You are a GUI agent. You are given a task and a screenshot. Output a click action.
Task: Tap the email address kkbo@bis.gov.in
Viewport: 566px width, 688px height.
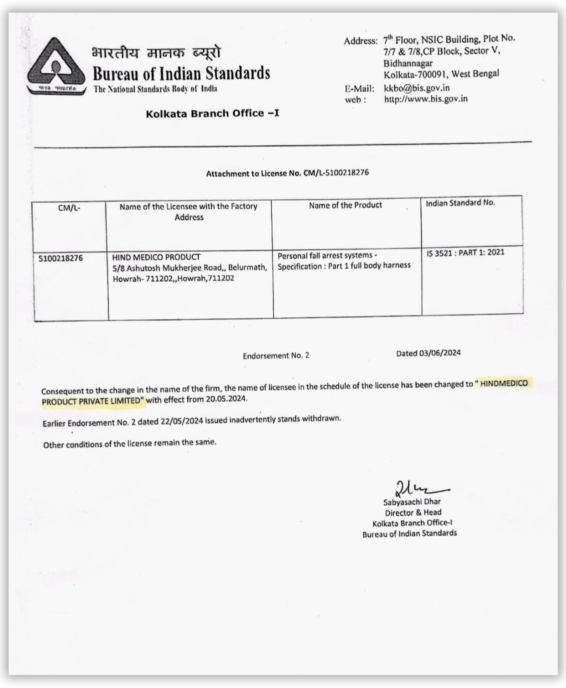click(x=417, y=88)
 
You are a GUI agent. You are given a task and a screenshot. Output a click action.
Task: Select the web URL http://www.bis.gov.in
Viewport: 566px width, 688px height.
click(x=425, y=99)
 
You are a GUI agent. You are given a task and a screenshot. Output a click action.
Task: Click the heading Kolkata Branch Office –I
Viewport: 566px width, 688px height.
click(x=212, y=113)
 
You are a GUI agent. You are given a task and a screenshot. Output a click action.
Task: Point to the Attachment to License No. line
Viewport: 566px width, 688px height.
click(x=287, y=173)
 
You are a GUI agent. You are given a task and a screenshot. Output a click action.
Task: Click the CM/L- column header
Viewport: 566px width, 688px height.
click(x=69, y=207)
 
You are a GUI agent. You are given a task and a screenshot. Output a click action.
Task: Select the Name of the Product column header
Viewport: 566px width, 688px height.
click(x=345, y=205)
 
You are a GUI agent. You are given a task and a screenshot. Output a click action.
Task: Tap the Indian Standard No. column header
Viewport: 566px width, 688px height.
click(x=460, y=202)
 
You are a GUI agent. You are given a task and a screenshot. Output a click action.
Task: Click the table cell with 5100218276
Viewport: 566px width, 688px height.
click(x=61, y=258)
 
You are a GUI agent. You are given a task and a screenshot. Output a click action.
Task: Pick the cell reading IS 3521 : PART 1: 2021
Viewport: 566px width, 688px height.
click(x=465, y=252)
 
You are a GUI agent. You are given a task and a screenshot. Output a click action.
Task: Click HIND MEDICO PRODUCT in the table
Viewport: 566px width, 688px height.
click(x=156, y=257)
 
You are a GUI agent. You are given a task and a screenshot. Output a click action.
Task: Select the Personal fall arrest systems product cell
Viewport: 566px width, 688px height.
click(x=344, y=260)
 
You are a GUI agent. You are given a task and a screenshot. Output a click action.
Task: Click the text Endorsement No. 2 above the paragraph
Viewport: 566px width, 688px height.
click(x=276, y=355)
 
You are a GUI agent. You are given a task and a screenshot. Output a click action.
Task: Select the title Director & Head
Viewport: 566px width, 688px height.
click(x=413, y=512)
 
